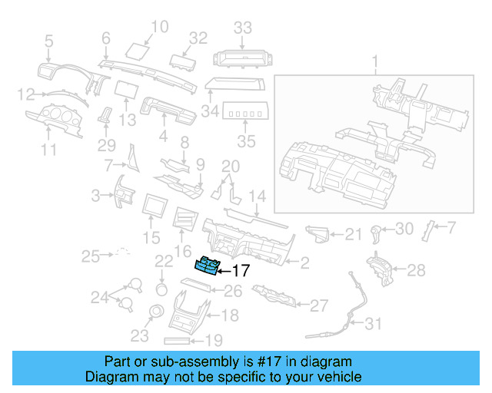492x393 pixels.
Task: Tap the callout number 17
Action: click(241, 270)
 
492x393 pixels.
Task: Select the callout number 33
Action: click(243, 28)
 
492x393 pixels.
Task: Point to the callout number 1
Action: click(375, 60)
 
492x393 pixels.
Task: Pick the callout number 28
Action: click(416, 270)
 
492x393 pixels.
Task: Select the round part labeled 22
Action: click(162, 289)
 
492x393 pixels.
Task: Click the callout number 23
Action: click(139, 335)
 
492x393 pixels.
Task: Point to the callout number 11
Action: click(48, 150)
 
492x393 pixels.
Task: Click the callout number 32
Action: click(198, 38)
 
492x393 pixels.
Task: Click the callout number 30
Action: click(405, 229)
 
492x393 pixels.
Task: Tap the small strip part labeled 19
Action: click(182, 339)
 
